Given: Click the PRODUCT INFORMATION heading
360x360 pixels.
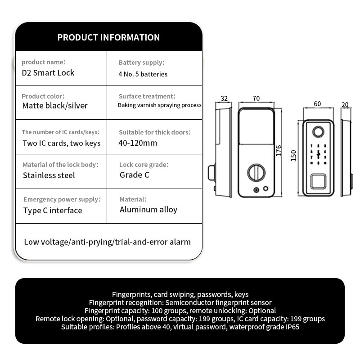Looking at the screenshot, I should tap(108, 37).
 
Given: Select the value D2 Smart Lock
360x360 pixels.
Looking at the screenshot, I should tap(48, 72).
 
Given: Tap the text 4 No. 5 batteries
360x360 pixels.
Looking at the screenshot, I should tap(143, 74).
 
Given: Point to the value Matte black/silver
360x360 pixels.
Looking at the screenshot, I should tap(55, 106).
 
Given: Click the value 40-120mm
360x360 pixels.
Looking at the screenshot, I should tap(138, 143).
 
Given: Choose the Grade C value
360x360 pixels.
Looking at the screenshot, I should tap(135, 175).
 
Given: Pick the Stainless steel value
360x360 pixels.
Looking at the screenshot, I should tap(49, 175).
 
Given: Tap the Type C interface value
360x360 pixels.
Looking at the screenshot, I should tap(53, 210).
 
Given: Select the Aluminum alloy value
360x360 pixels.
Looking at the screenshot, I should tap(148, 209).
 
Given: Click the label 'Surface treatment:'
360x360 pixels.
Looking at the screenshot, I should tap(147, 96).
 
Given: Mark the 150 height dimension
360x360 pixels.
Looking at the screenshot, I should tap(293, 156).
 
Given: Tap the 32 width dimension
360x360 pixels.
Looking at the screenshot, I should tap(225, 99).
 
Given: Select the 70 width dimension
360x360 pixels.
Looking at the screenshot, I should tap(256, 99).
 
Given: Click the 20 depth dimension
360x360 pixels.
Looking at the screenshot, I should tap(345, 104).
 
